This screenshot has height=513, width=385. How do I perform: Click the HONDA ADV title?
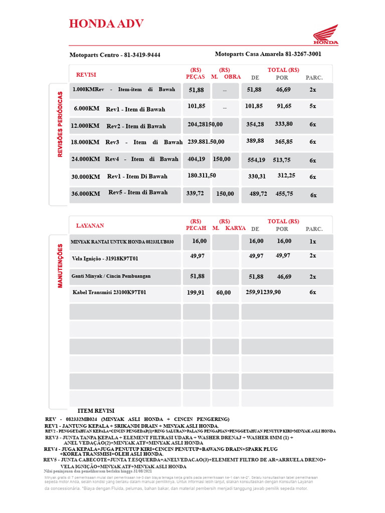coord(106,24)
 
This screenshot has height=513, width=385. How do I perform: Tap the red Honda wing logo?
coord(326,36)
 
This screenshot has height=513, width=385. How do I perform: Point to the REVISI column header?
coord(86,75)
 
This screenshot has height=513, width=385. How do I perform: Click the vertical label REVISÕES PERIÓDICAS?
coord(60,124)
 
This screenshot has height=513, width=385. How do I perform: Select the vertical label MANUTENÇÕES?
coord(60,266)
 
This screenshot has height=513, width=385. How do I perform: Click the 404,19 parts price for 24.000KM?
coord(197,159)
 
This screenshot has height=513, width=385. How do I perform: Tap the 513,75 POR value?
coord(281,160)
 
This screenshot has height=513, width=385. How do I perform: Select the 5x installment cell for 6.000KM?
coord(313,106)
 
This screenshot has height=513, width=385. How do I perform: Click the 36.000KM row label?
coord(86,193)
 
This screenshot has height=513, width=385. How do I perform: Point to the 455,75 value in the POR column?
coord(284,193)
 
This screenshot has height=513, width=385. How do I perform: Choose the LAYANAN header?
coord(90,225)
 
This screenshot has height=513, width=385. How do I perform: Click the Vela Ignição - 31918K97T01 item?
coord(105,259)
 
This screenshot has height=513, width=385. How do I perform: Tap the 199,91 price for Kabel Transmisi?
coord(196,293)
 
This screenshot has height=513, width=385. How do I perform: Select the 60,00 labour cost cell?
coord(224,293)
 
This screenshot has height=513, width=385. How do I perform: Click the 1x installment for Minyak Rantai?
coord(313,241)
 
